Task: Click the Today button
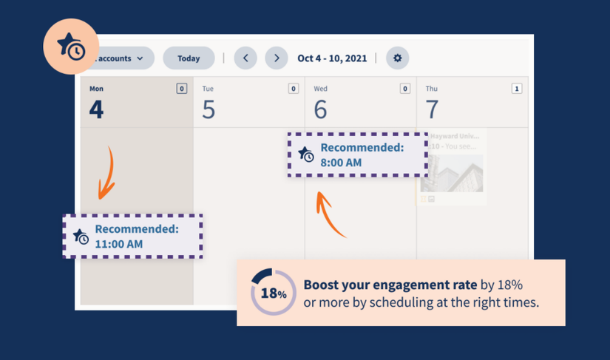coord(189,58)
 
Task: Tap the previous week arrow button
coord(245,58)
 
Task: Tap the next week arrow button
coord(277,58)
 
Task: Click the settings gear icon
coord(397,58)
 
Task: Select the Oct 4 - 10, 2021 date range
coord(332,58)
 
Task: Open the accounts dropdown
coord(122,58)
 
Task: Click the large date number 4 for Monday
coord(96,109)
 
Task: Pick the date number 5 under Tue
coord(209,109)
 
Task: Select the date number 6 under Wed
coord(320,109)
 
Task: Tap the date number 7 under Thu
coord(432,109)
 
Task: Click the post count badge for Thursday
coord(516,89)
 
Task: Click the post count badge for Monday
coord(181,89)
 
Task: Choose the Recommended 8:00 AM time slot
coord(357,154)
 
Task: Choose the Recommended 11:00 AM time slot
coord(132,237)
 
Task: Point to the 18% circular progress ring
coord(274,293)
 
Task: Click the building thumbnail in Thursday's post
coord(452,173)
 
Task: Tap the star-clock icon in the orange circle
coord(71,46)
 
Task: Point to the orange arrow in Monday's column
coord(107,174)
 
